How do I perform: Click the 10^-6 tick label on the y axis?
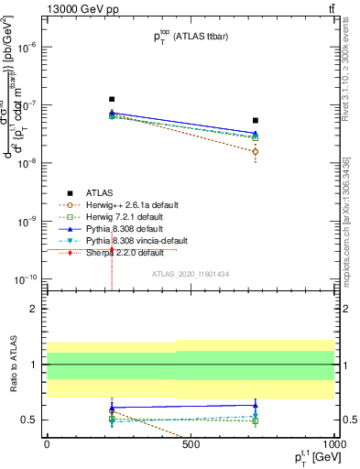click(x=29, y=47)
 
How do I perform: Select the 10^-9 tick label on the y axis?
click(x=29, y=221)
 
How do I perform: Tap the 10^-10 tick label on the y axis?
click(x=27, y=278)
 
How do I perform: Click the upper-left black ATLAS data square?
click(x=112, y=99)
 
